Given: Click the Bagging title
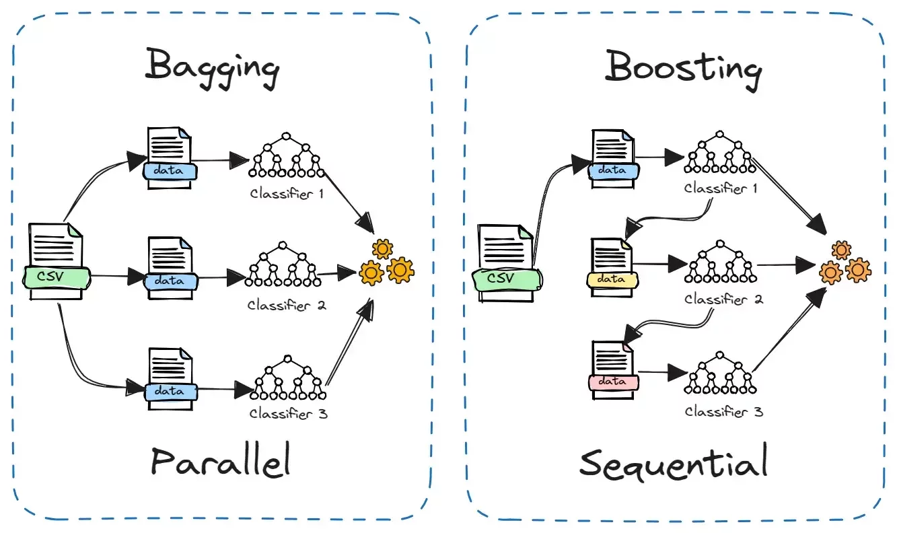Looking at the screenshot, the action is (212, 68).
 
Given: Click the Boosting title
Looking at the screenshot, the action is (683, 70).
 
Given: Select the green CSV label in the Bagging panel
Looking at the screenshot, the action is (57, 277).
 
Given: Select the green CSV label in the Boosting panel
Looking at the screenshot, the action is (507, 279).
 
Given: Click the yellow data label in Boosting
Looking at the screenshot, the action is (612, 279).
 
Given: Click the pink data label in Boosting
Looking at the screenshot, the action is (612, 382).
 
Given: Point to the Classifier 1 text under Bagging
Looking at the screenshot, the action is (287, 194).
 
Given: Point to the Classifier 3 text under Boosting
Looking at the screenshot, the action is (724, 412).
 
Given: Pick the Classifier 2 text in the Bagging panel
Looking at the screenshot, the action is (287, 306).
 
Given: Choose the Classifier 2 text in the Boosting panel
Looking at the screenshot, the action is (724, 299).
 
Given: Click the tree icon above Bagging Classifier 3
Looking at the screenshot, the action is (288, 378).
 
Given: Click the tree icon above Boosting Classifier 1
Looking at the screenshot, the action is (720, 152).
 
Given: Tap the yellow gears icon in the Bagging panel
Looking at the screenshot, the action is (386, 262).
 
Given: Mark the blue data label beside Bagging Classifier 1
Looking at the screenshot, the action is (170, 171).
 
